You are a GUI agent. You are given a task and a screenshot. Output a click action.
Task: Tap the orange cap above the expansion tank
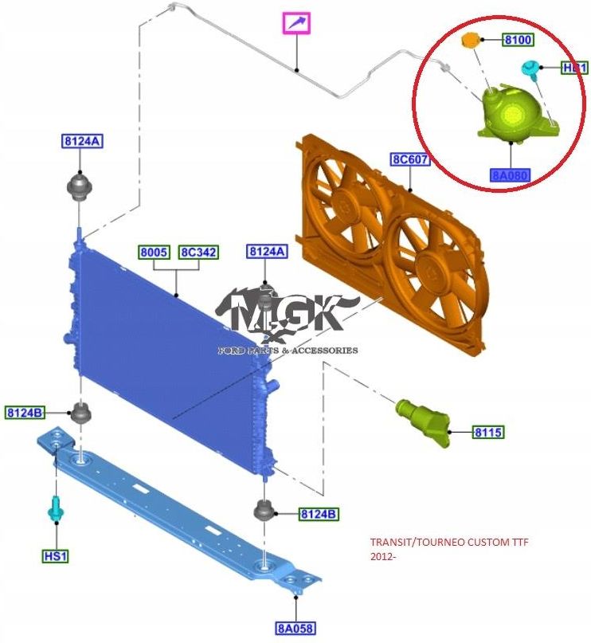pyautogui.click(x=472, y=40)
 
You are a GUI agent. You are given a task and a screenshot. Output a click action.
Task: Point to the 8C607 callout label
pyautogui.click(x=409, y=159)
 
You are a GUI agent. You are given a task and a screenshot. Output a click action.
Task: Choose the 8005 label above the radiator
pyautogui.click(x=153, y=252)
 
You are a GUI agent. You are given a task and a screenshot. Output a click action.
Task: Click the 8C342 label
pyautogui.click(x=198, y=252)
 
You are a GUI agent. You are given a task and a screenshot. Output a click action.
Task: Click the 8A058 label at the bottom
pyautogui.click(x=296, y=629)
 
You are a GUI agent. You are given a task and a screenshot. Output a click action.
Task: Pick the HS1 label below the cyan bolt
pyautogui.click(x=55, y=555)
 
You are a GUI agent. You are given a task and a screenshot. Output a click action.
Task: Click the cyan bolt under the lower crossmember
pyautogui.click(x=55, y=508)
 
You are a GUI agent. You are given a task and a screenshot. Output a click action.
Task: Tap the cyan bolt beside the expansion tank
pyautogui.click(x=529, y=70)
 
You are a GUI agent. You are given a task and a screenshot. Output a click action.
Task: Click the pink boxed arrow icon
pyautogui.click(x=296, y=24)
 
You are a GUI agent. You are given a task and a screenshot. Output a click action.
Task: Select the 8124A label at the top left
pyautogui.click(x=82, y=142)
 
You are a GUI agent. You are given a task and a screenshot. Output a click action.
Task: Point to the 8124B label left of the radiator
pyautogui.click(x=25, y=412)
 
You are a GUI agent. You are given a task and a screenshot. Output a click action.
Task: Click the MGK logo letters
pyautogui.click(x=287, y=312)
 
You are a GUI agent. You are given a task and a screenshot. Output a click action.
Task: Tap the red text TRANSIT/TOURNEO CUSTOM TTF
pyautogui.click(x=448, y=543)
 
